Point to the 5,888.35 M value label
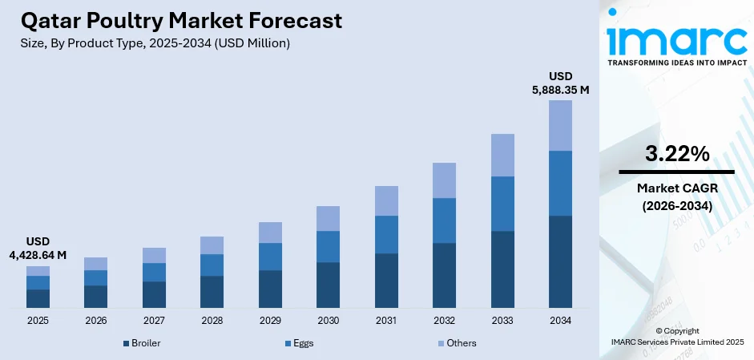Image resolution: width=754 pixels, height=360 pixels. click(x=560, y=90)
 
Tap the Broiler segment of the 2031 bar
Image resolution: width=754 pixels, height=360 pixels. click(x=386, y=281)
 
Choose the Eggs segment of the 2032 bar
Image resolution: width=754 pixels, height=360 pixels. click(x=444, y=220)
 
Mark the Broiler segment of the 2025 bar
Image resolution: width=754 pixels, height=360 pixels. click(x=38, y=298)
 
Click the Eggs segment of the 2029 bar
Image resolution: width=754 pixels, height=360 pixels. click(x=270, y=257)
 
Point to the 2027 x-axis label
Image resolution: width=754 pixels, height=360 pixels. click(x=154, y=320)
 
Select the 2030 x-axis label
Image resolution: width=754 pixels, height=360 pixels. click(x=328, y=320)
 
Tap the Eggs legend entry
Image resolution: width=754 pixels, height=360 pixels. click(x=298, y=343)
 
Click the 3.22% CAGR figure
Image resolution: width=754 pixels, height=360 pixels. click(x=676, y=155)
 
